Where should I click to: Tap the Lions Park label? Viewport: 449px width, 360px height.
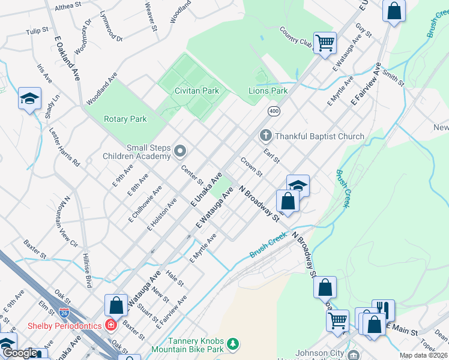268,91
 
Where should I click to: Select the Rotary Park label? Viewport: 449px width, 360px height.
125,119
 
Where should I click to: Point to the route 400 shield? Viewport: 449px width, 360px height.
274,112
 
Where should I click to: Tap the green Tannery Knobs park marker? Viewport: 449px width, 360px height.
232,344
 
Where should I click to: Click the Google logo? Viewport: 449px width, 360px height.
20,353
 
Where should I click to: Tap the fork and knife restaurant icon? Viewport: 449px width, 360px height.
384,310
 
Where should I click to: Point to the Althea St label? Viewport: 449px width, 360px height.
68,6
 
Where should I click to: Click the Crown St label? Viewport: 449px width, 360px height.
252,167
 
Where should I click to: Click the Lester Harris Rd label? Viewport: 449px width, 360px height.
65,146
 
